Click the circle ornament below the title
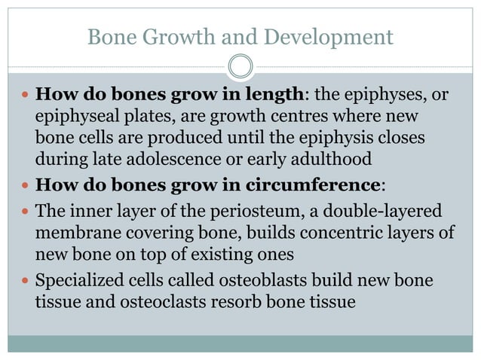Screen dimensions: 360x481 [x=240, y=67]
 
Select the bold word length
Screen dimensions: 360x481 [x=274, y=96]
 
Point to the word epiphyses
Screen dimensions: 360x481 [x=383, y=96]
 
